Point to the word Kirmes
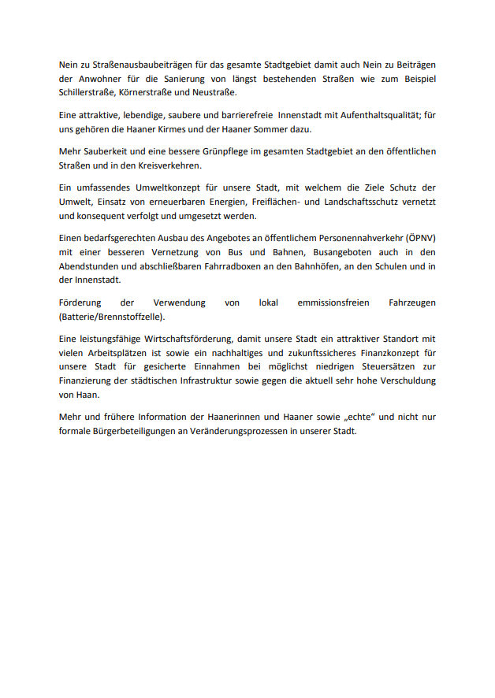coord(188,128)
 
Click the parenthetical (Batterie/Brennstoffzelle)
coord(112,317)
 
